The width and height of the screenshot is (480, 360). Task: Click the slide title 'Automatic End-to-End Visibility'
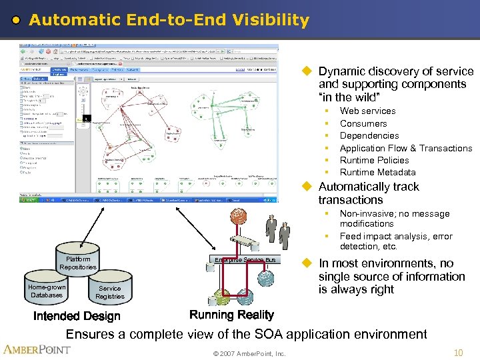pos(169,21)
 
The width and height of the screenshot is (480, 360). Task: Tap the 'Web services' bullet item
pos(367,111)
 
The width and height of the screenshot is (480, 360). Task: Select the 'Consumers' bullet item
pos(363,123)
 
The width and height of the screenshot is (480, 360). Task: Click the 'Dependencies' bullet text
pos(369,135)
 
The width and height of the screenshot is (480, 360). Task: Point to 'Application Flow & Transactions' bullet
pos(405,148)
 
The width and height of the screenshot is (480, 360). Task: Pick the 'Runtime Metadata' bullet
pos(377,172)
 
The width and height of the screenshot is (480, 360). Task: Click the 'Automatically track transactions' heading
pos(368,193)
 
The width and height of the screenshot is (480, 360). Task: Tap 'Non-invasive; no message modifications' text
pos(385,219)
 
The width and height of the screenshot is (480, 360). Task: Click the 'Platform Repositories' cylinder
pos(78,263)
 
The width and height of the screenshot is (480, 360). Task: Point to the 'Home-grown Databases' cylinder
pos(47,291)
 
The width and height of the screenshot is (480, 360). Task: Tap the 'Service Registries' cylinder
pos(109,293)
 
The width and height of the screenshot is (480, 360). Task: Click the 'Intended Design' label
pos(77,316)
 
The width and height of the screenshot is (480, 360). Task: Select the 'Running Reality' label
pos(231,315)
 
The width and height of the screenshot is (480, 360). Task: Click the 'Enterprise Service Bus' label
pos(245,259)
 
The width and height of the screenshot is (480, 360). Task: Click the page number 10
pos(458,352)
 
